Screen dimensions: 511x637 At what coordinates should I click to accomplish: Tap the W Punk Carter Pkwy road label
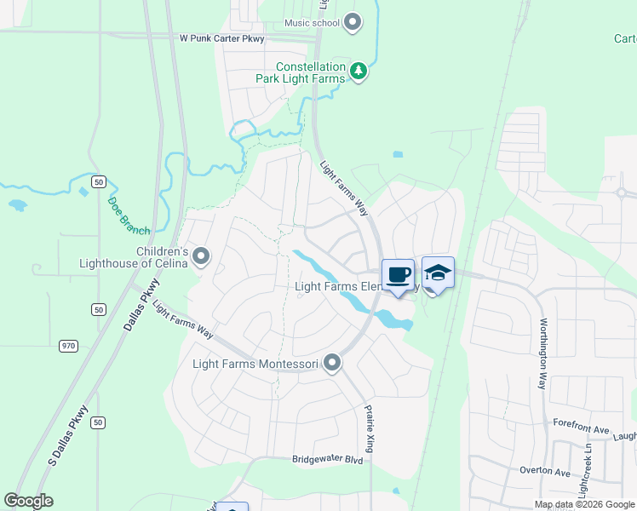point(222,38)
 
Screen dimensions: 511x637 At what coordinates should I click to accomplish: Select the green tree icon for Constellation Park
point(359,72)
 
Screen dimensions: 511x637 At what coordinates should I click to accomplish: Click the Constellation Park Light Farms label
point(311,72)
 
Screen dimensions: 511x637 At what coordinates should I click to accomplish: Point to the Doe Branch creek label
point(129,216)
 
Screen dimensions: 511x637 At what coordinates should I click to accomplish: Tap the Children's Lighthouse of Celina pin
point(201,255)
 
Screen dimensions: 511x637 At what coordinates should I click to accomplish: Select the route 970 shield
point(69,346)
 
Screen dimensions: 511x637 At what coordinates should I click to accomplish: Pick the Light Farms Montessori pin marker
point(333,364)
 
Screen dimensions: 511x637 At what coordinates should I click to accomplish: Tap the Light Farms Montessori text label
point(255,364)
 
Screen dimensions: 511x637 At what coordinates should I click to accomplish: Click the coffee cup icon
point(398,274)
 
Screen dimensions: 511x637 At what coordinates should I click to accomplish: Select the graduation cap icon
point(438,273)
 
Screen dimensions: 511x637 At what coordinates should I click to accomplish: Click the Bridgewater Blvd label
point(328,459)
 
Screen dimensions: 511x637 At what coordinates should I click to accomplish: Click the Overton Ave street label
point(545,471)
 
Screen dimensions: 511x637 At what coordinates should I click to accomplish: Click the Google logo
point(28,501)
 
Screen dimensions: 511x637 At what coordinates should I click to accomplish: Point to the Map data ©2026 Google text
point(584,504)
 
